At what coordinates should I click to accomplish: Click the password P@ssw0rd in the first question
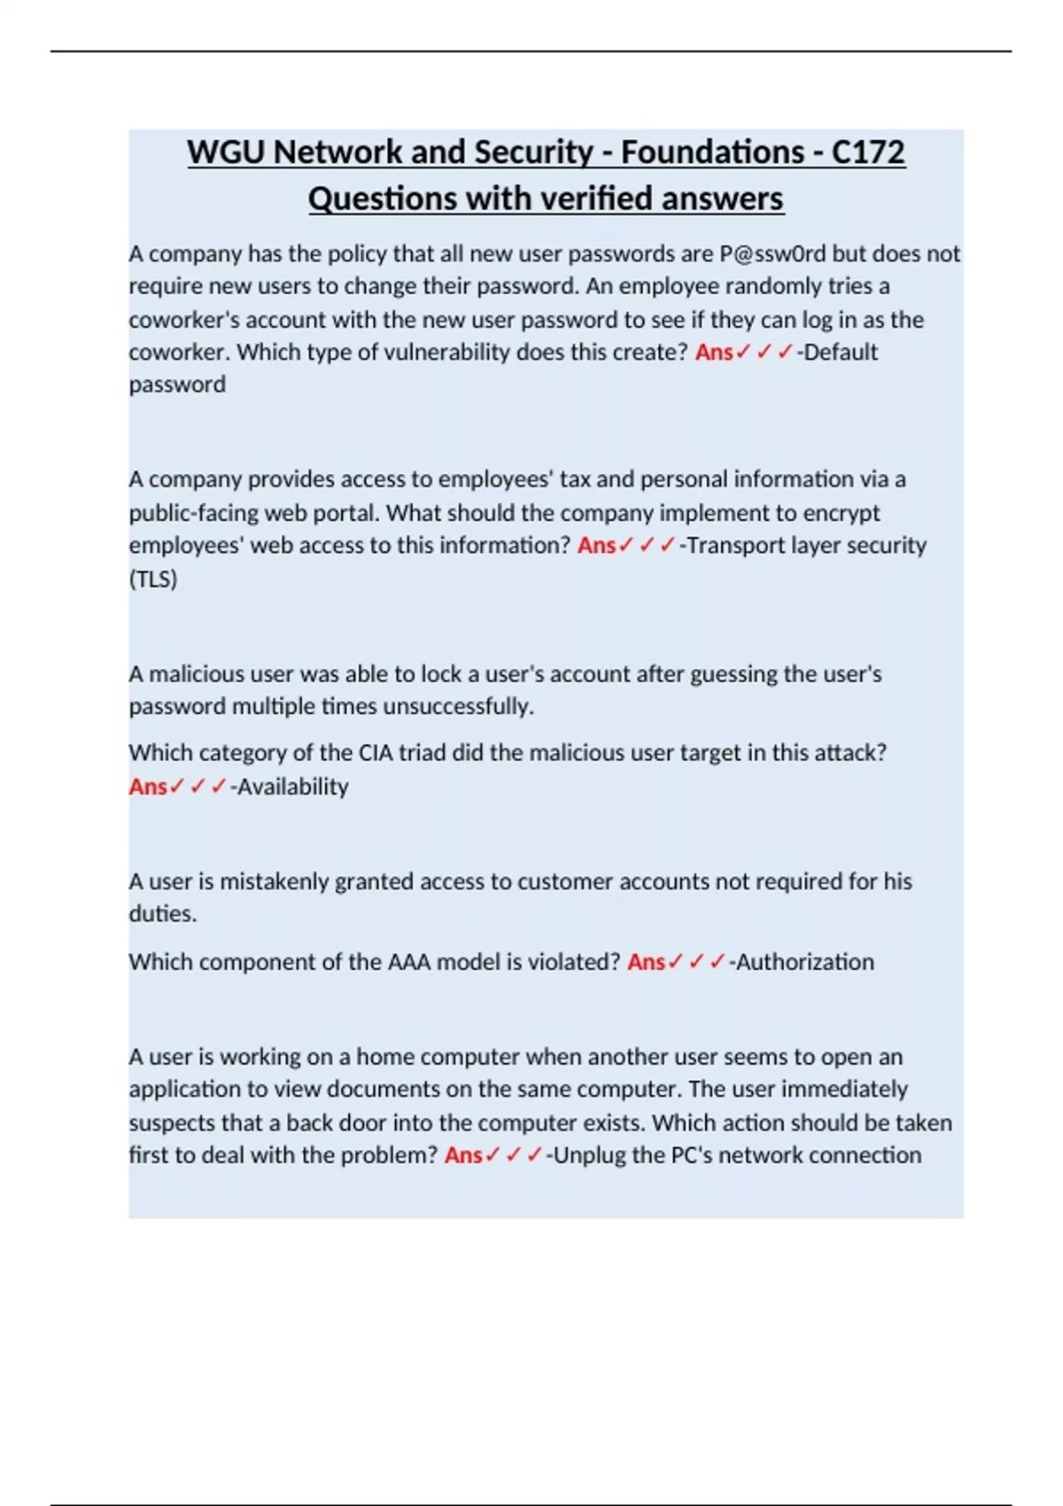point(772,254)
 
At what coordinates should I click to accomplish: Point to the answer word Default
point(841,353)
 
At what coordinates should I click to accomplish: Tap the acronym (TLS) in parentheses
point(153,579)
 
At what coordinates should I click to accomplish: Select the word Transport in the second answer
point(730,546)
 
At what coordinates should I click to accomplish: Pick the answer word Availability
point(292,787)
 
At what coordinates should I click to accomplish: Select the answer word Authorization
point(804,962)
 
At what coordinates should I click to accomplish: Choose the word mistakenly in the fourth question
point(275,882)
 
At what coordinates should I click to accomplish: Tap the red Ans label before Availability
point(148,787)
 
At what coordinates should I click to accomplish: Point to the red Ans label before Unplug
point(463,1155)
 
